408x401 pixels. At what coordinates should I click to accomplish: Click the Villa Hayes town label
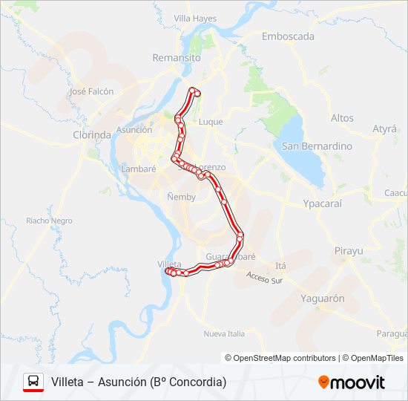(194, 17)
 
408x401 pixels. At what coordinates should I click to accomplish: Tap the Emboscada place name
(288, 36)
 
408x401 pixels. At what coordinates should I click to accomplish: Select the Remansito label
(177, 57)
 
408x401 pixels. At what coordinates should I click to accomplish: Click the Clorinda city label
(91, 135)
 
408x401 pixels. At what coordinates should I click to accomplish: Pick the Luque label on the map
(211, 122)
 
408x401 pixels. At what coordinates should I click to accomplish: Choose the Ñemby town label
(180, 198)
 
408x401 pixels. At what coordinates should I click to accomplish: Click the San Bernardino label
(317, 146)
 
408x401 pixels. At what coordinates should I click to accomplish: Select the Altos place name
(342, 118)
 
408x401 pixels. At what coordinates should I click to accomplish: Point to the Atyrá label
(384, 128)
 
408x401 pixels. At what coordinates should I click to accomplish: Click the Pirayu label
(349, 251)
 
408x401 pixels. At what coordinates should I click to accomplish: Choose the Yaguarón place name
(323, 299)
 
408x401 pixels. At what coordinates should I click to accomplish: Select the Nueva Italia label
(224, 333)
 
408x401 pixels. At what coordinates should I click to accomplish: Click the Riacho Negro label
(49, 221)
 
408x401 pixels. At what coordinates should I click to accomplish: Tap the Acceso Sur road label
(265, 279)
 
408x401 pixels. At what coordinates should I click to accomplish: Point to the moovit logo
(352, 382)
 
